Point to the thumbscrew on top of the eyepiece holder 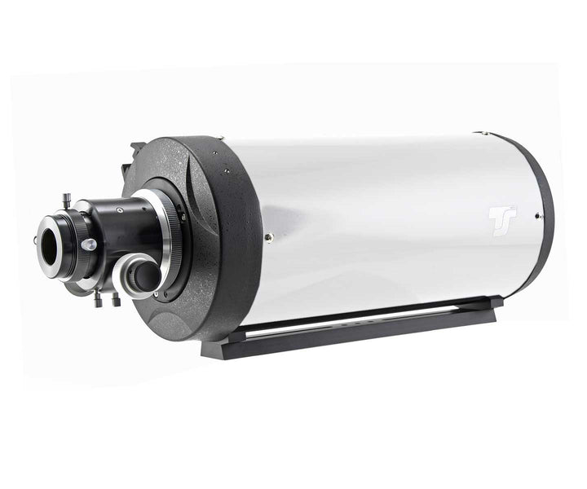(66, 199)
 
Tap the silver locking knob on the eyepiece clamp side (88, 244)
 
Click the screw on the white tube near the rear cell (269, 237)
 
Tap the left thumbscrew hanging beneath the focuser (99, 300)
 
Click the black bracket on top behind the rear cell (135, 152)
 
